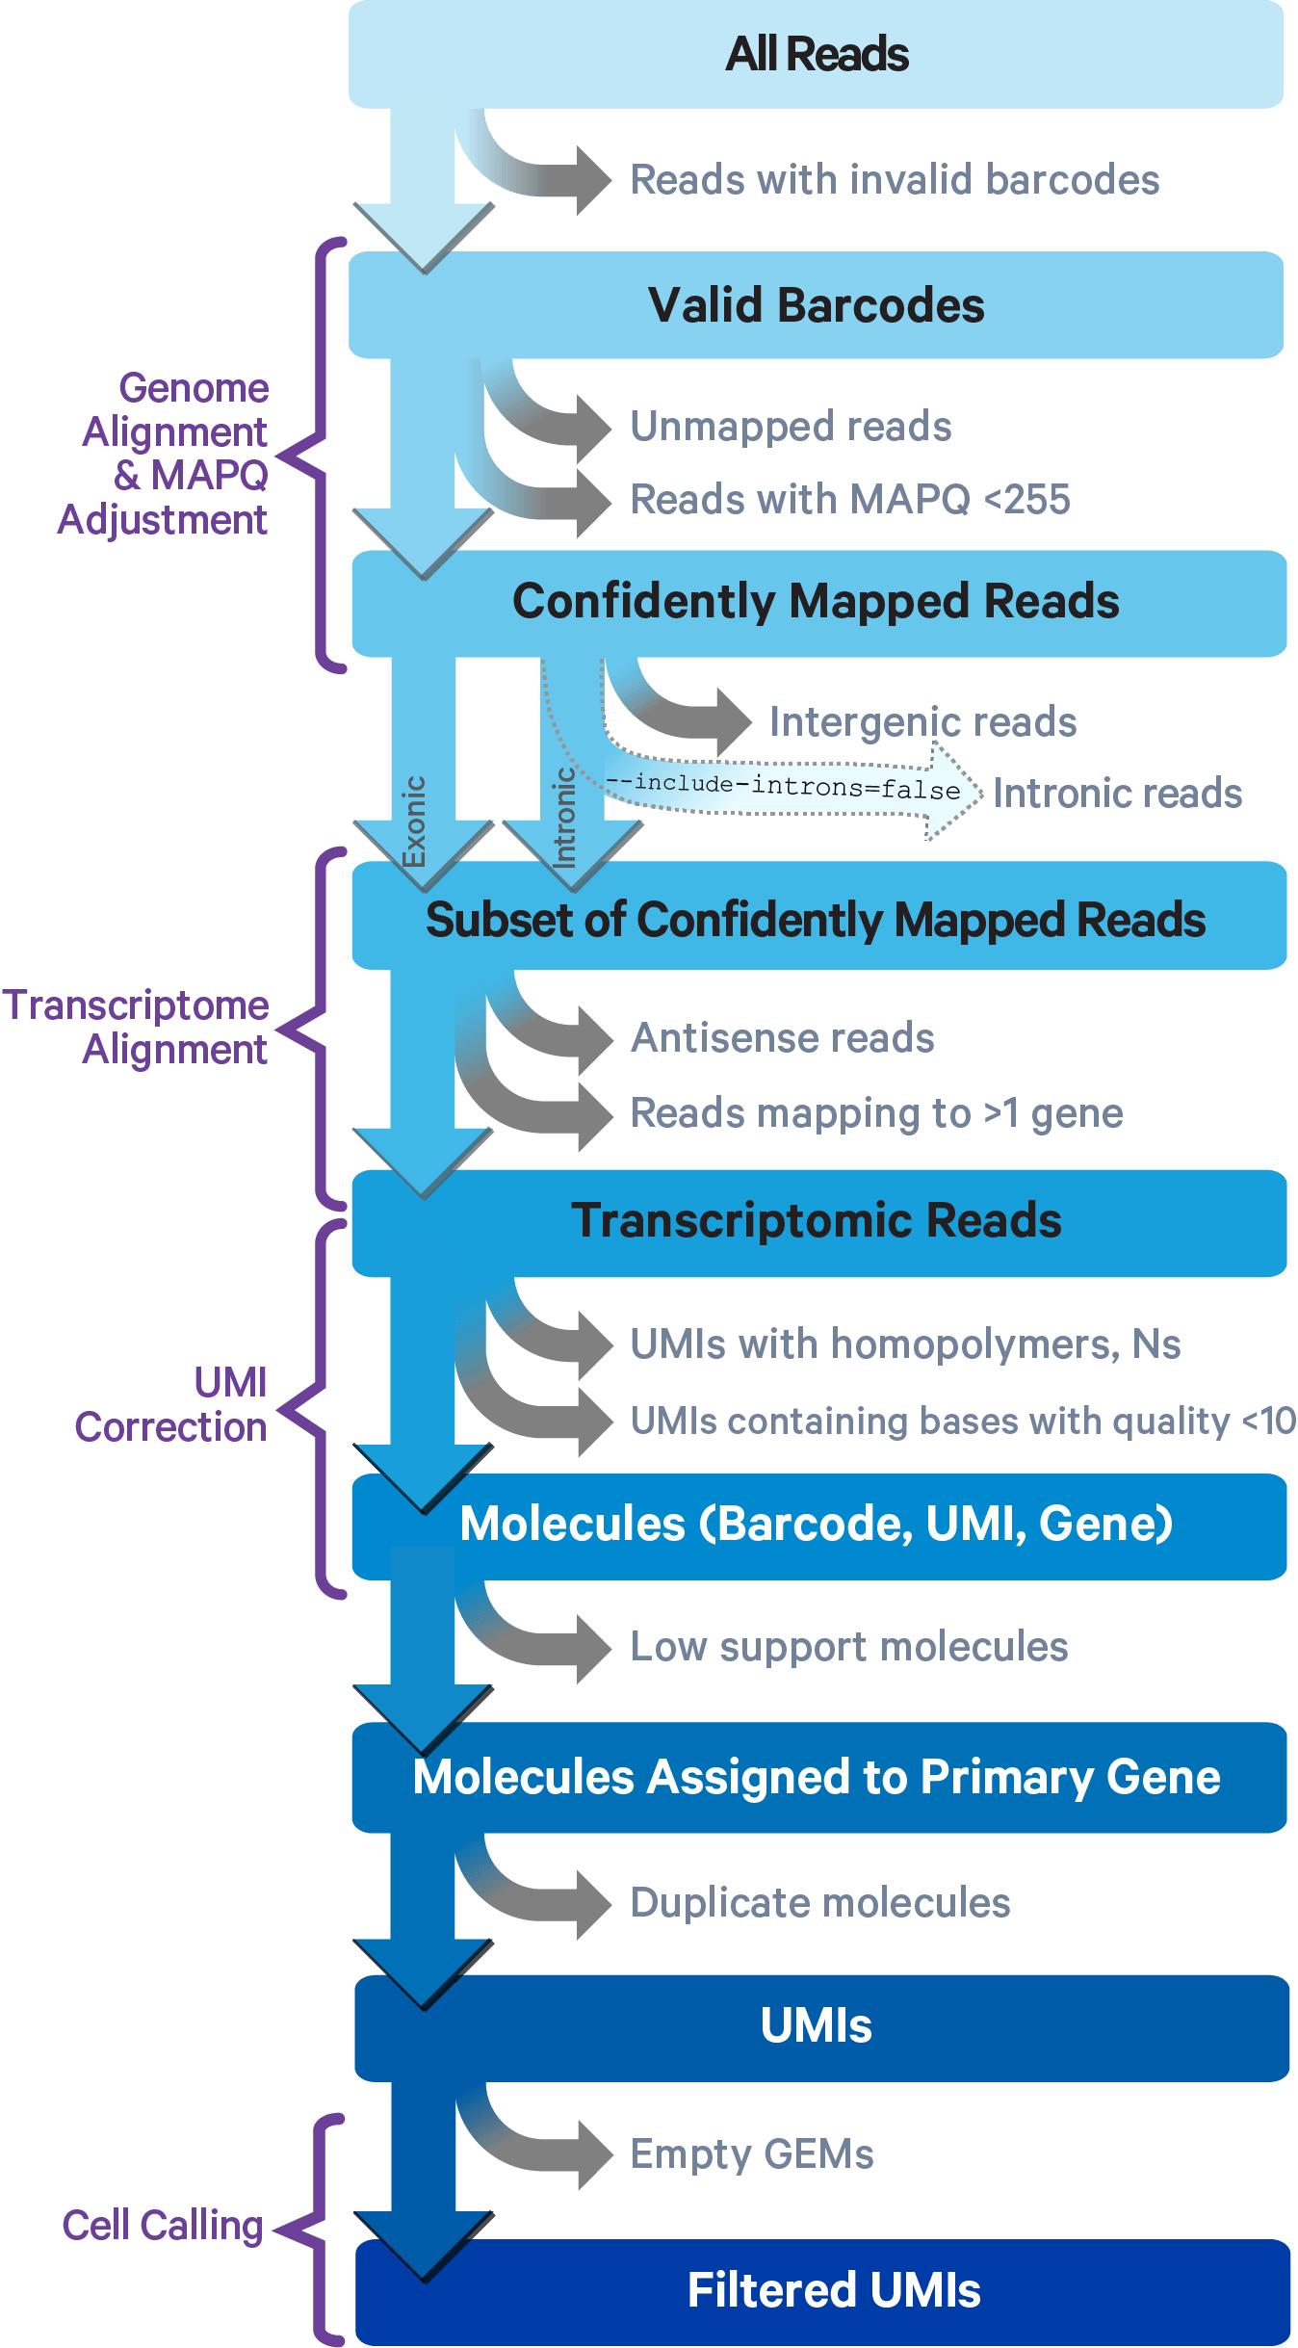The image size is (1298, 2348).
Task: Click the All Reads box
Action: pos(816,54)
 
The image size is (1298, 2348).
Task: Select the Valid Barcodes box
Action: pos(816,305)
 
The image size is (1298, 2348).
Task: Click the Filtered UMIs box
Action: pos(833,2290)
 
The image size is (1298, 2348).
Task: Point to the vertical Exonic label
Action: pos(414,821)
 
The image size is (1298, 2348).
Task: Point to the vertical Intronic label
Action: pos(564,817)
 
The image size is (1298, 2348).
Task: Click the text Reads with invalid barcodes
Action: pos(895,180)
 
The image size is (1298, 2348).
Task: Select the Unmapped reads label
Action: pos(791,427)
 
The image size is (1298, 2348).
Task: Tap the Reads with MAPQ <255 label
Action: pos(849,500)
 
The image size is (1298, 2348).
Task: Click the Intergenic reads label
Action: pos(922,722)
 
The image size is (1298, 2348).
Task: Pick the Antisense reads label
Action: pos(782,1038)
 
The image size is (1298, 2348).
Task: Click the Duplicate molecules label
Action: pos(820,1903)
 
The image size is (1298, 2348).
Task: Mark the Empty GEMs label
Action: pos(752,2154)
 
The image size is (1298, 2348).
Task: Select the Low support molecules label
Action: pos(849,1647)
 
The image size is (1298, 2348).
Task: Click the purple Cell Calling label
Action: pos(163,2226)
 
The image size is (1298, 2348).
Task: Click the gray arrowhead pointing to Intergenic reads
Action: pos(732,721)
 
